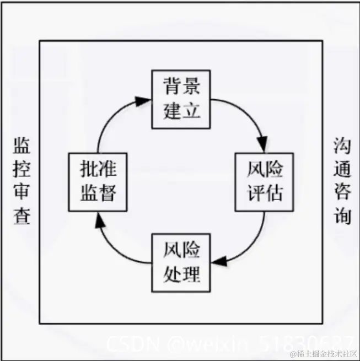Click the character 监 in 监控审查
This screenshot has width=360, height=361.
22,146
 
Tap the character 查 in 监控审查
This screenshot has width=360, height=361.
22,215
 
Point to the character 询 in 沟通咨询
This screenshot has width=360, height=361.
342,215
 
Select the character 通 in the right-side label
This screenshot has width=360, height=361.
342,169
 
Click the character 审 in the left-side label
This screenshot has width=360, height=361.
22,192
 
